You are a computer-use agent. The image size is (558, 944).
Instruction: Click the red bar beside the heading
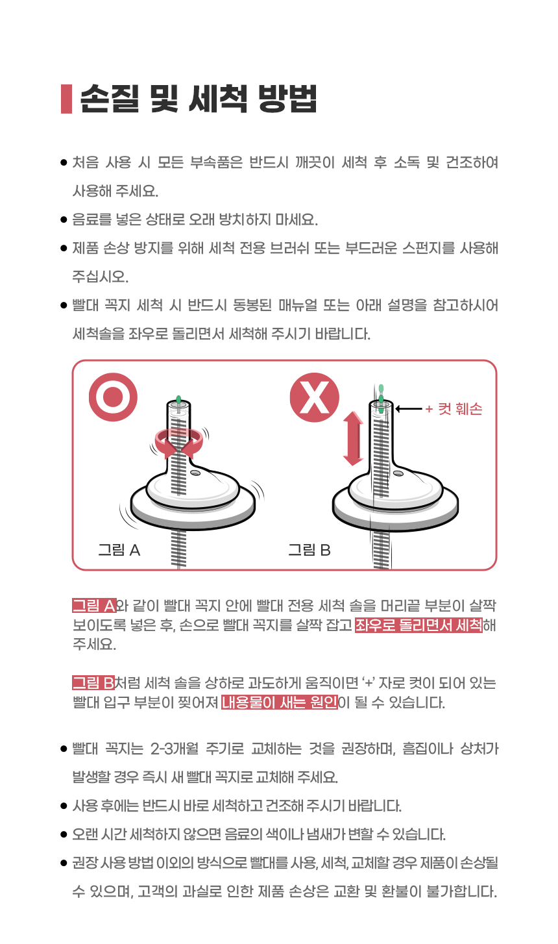click(66, 99)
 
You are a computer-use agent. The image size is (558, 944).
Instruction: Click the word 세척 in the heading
click(218, 99)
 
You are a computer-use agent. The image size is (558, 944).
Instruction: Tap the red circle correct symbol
click(113, 397)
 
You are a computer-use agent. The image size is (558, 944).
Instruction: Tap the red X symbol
click(314, 397)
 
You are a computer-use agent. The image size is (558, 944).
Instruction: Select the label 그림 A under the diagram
click(119, 550)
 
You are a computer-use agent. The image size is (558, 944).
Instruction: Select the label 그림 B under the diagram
click(309, 550)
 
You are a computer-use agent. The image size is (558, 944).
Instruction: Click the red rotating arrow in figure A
click(179, 443)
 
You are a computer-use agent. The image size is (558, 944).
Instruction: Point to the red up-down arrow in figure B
click(354, 439)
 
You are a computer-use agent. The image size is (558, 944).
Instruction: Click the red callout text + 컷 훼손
click(454, 409)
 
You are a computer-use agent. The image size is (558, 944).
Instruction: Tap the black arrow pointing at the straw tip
click(409, 408)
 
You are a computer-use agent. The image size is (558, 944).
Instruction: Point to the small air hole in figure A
click(195, 473)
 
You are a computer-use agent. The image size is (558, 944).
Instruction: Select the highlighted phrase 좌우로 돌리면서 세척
click(418, 625)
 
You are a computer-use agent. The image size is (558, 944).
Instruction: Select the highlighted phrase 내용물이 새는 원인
click(280, 702)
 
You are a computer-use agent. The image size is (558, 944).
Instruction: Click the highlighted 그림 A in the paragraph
click(94, 606)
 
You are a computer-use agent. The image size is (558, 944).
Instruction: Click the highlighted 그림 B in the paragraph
click(93, 683)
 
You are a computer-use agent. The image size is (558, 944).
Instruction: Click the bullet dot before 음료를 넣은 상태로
click(64, 219)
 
